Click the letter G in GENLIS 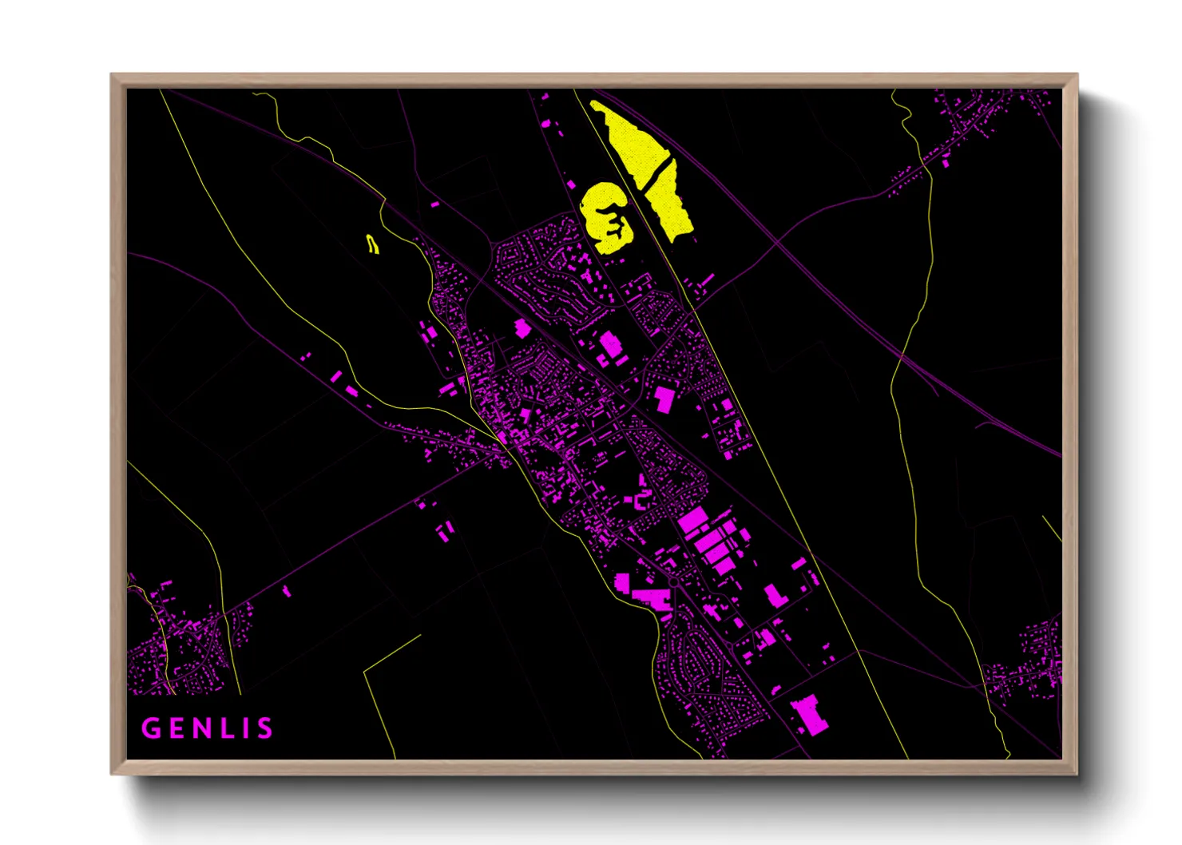(150, 728)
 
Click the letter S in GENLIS (264, 728)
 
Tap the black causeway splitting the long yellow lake (657, 171)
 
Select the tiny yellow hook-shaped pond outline (372, 244)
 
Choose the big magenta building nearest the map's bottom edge (809, 713)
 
